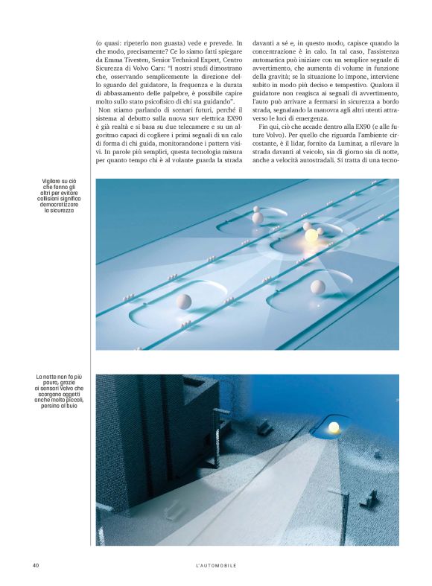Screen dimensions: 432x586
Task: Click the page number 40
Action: tap(35, 566)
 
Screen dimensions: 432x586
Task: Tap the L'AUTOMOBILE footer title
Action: tap(212, 566)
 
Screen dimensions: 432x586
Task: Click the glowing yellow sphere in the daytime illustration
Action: tap(311, 236)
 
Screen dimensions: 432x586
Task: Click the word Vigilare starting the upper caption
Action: tap(54, 182)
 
